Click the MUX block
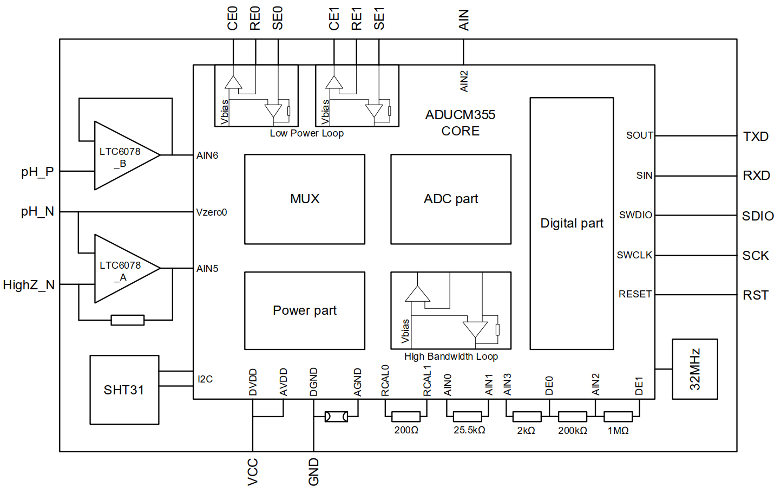coord(304,199)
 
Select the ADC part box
coord(450,199)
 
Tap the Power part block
coord(304,310)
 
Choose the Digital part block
coord(572,223)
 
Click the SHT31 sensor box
coord(124,390)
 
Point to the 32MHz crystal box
coord(694,369)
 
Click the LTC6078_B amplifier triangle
coord(127,155)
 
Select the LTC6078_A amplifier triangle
coord(127,268)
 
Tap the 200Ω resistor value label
coord(406,430)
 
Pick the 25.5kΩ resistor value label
coord(469,430)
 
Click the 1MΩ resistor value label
coord(618,431)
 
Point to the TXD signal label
coord(756,137)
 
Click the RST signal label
coord(756,295)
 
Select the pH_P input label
coord(37,172)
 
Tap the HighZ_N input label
coord(29,285)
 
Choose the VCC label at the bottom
coord(252,472)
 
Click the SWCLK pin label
coord(634,255)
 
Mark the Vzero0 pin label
coord(211,212)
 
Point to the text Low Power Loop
coord(306,133)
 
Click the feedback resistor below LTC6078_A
coord(127,320)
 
